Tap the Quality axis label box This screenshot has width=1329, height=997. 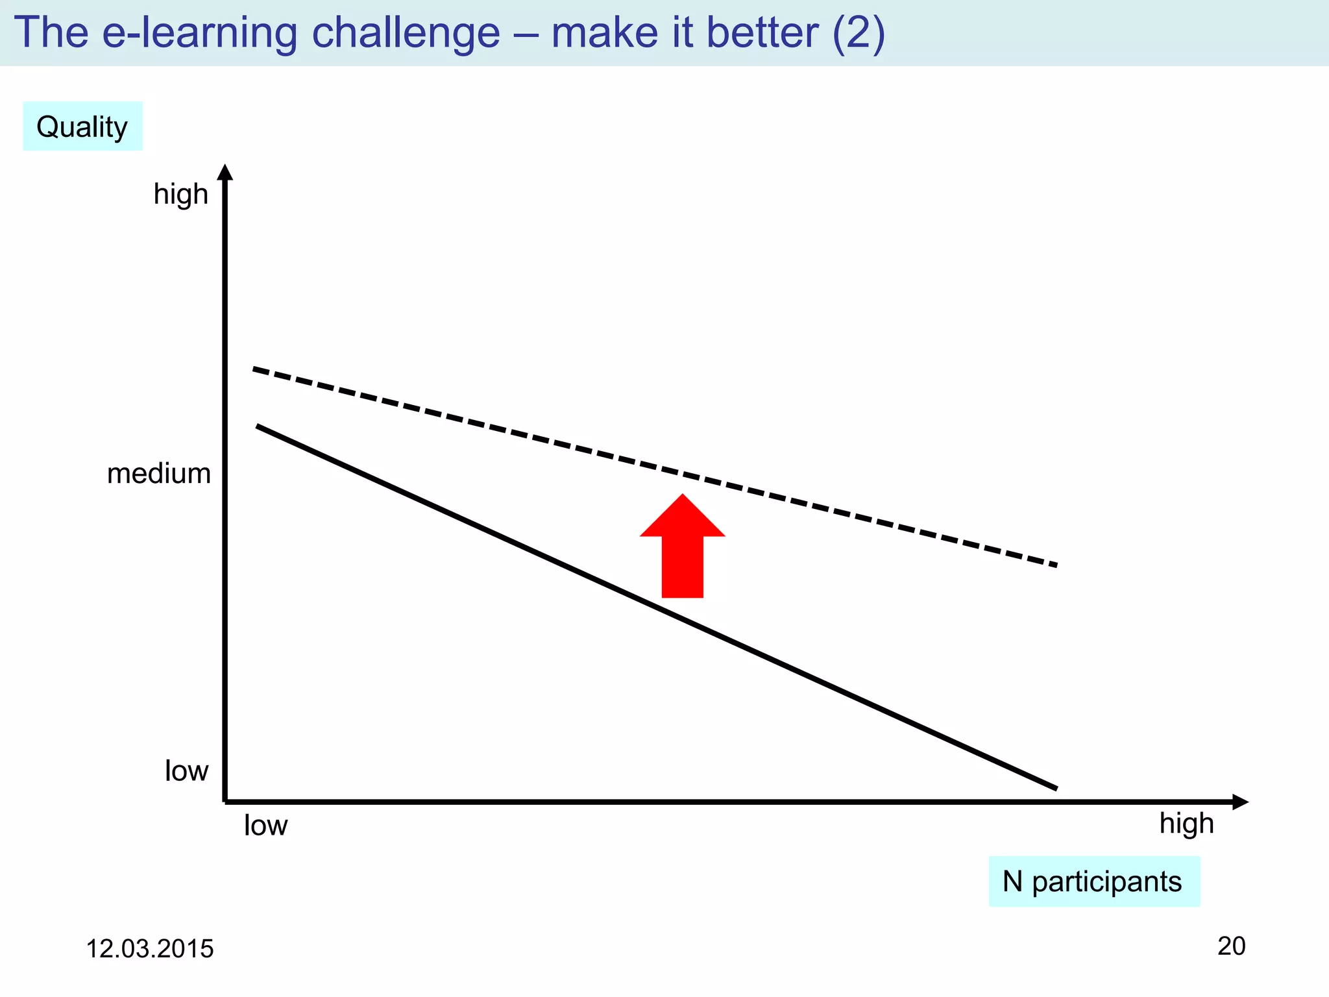(82, 127)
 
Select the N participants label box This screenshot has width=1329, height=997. (1093, 881)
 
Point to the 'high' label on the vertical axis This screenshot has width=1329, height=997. (180, 194)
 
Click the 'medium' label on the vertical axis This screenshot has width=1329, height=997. (159, 474)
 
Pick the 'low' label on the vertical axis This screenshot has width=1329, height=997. (186, 771)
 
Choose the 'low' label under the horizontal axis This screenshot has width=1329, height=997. (265, 826)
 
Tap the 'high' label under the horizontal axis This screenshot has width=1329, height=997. (1186, 824)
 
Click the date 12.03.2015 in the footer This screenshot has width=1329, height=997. (150, 949)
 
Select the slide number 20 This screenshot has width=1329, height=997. (1231, 946)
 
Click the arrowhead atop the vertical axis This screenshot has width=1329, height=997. (225, 172)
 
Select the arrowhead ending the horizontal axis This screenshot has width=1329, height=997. (1239, 802)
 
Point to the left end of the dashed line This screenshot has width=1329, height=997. (254, 369)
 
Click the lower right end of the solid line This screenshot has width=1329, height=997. (1056, 788)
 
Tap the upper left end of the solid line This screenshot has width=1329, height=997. (258, 426)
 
